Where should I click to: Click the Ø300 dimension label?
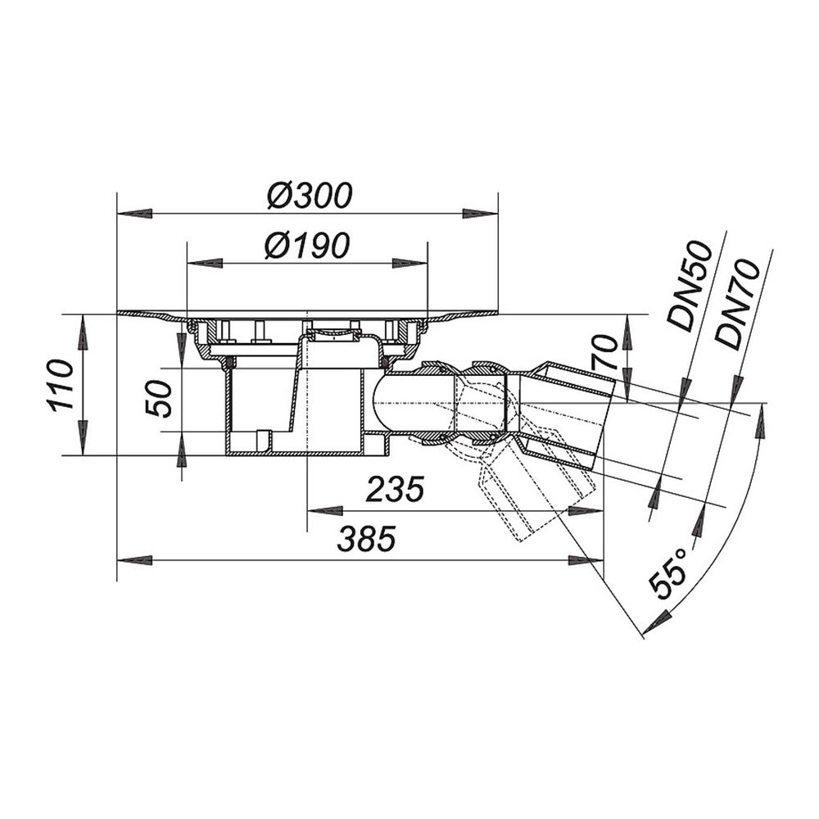click(x=310, y=196)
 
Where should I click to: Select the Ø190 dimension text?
click(x=306, y=245)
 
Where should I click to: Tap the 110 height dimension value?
click(x=61, y=384)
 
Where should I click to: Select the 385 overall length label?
click(x=366, y=539)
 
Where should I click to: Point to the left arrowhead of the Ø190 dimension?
click(x=205, y=263)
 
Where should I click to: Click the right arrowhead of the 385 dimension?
click(x=586, y=560)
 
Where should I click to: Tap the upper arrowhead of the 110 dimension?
click(x=84, y=333)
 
